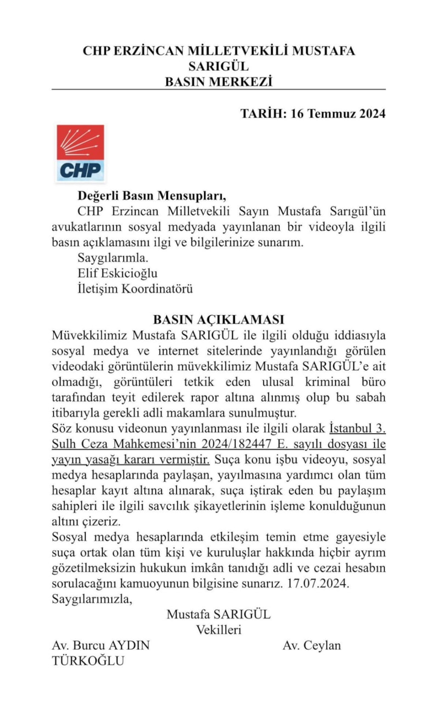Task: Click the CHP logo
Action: point(80,153)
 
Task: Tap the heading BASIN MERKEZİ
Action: point(218,82)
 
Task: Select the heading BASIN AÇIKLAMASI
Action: point(218,320)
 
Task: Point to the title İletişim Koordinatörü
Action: point(135,288)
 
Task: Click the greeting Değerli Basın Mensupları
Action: point(151,196)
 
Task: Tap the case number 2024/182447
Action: point(254,443)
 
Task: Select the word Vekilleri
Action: point(218,629)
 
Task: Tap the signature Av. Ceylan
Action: point(312,645)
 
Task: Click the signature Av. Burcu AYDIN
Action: point(100,645)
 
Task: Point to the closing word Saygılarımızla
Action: point(92,599)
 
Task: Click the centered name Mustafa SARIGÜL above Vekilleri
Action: point(218,614)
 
